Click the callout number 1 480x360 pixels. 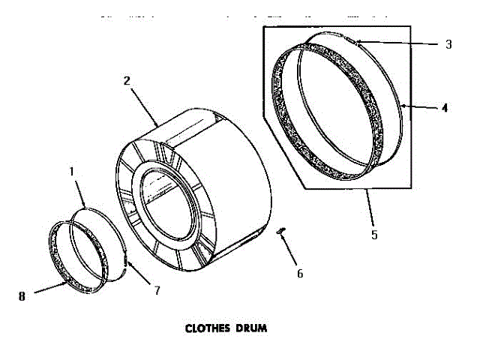pos(72,172)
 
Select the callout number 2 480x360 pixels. pos(128,80)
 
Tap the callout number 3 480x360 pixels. pos(448,44)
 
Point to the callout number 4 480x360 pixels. pos(445,107)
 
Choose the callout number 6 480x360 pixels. pos(299,273)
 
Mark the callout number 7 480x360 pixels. pos(157,289)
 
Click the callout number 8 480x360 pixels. pos(22,295)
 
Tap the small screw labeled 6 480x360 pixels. pos(281,232)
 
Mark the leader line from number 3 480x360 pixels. pos(401,44)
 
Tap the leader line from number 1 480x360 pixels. pos(80,192)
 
